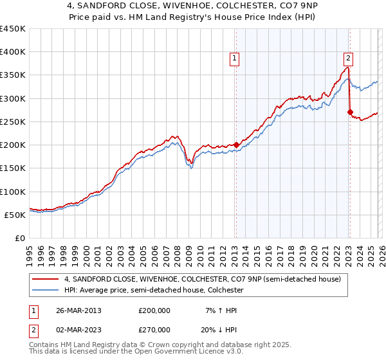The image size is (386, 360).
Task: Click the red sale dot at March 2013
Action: (236, 145)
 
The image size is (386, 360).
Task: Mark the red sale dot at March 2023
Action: (350, 113)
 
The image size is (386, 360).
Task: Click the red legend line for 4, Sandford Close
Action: (46, 279)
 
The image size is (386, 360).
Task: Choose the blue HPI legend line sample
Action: (46, 290)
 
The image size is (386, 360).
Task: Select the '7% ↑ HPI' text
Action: (219, 310)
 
